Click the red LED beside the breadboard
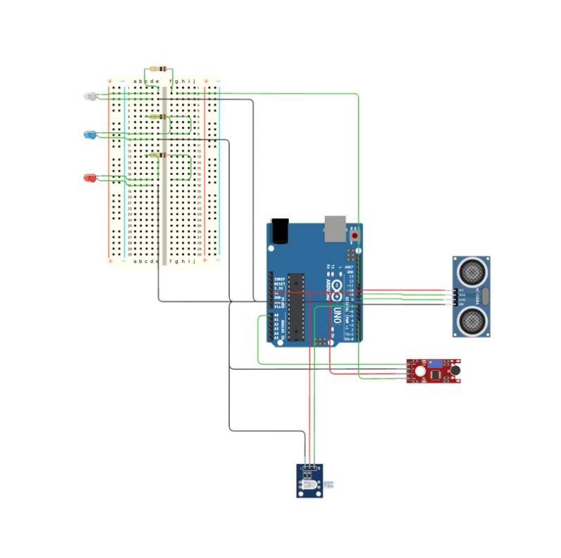click(x=89, y=178)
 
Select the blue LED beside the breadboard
click(x=89, y=134)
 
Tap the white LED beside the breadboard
click(x=89, y=96)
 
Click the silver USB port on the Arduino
click(x=335, y=227)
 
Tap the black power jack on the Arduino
click(x=280, y=231)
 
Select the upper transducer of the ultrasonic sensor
click(x=470, y=270)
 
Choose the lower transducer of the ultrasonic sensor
click(x=470, y=321)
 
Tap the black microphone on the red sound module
click(x=456, y=370)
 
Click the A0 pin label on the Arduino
click(x=276, y=315)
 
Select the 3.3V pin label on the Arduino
click(x=278, y=288)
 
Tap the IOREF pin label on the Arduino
click(x=278, y=279)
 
